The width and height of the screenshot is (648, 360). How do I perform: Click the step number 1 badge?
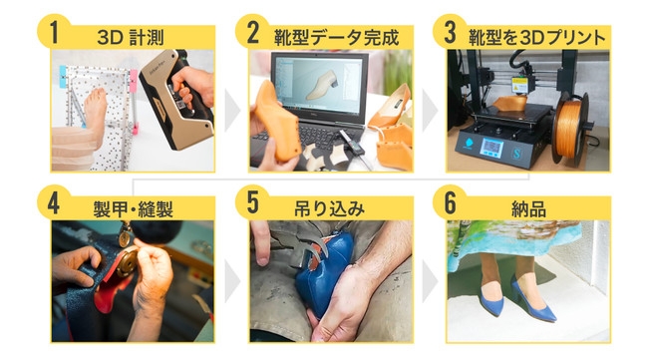54,31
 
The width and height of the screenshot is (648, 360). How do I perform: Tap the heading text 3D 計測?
131,38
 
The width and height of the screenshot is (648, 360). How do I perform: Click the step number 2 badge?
251,31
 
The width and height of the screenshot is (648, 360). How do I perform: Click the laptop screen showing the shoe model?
319,86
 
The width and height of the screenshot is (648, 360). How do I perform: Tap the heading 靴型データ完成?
336,38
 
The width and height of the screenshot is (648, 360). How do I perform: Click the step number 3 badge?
450,31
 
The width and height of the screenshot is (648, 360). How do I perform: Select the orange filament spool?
570,129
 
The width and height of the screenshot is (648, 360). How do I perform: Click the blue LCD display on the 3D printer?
491,148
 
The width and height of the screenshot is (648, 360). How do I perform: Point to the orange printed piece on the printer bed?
510,103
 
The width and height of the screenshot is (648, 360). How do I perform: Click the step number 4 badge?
54,202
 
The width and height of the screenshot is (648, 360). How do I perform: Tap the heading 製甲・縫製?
133,209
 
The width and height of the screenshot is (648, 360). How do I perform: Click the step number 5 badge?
251,202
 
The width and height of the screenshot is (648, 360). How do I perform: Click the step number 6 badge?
450,202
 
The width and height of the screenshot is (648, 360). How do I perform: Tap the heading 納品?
528,209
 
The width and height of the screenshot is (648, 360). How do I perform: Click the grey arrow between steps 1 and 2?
232,111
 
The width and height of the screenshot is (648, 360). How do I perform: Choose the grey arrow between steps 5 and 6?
430,281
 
